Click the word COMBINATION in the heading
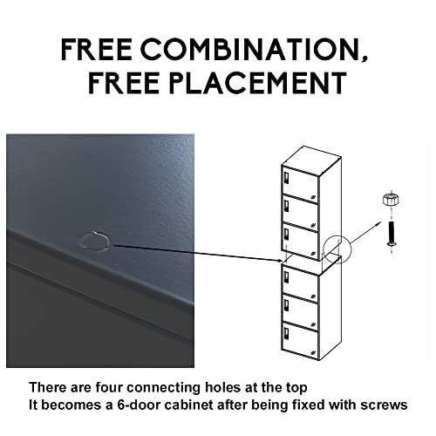251,49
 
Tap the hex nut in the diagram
391,200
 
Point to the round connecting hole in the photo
95,241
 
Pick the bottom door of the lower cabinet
300,340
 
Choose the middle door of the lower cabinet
300,312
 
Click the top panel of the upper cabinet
311,160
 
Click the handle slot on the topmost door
286,178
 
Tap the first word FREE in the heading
97,49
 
